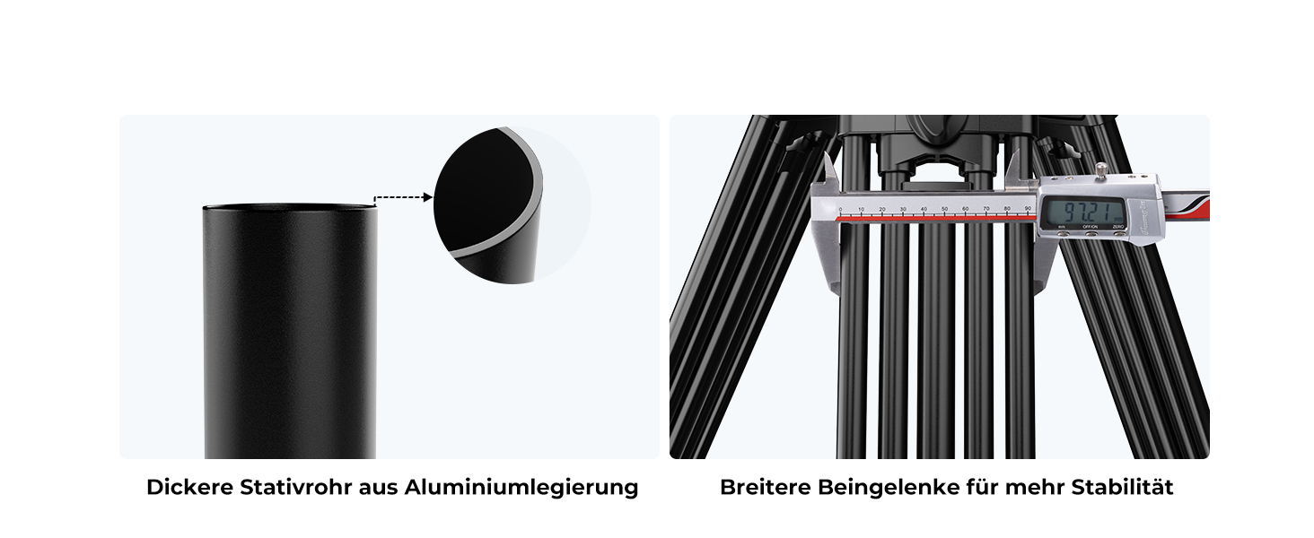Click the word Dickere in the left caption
tap(190, 488)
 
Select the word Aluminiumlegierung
tap(521, 488)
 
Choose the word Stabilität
tap(1122, 488)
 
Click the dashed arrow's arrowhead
tap(427, 197)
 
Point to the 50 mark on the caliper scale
tap(944, 209)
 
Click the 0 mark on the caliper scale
tap(841, 209)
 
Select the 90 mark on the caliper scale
tap(1028, 209)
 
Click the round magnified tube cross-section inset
tap(512, 205)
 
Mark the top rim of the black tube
tap(290, 206)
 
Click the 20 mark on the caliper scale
tap(881, 209)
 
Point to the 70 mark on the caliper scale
tap(986, 209)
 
